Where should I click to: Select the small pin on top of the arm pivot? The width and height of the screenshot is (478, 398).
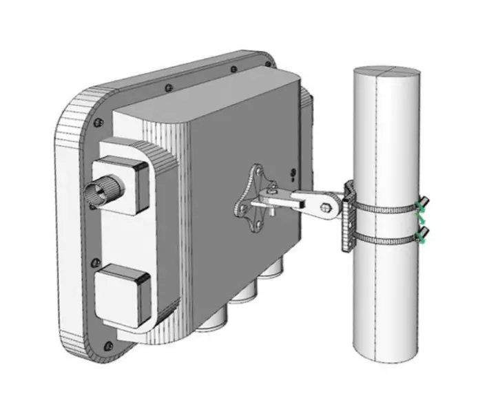coord(275,185)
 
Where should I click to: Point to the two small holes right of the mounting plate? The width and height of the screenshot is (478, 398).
coord(294,175)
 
